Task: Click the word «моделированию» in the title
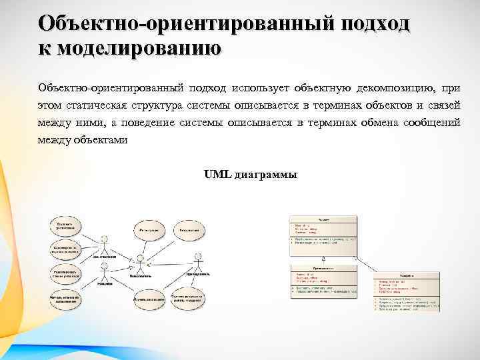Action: coord(137,49)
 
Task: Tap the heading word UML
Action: coord(217,175)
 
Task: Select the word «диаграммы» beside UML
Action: coord(266,175)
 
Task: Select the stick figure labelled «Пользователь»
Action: coord(141,262)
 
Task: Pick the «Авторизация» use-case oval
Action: coord(191,230)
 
